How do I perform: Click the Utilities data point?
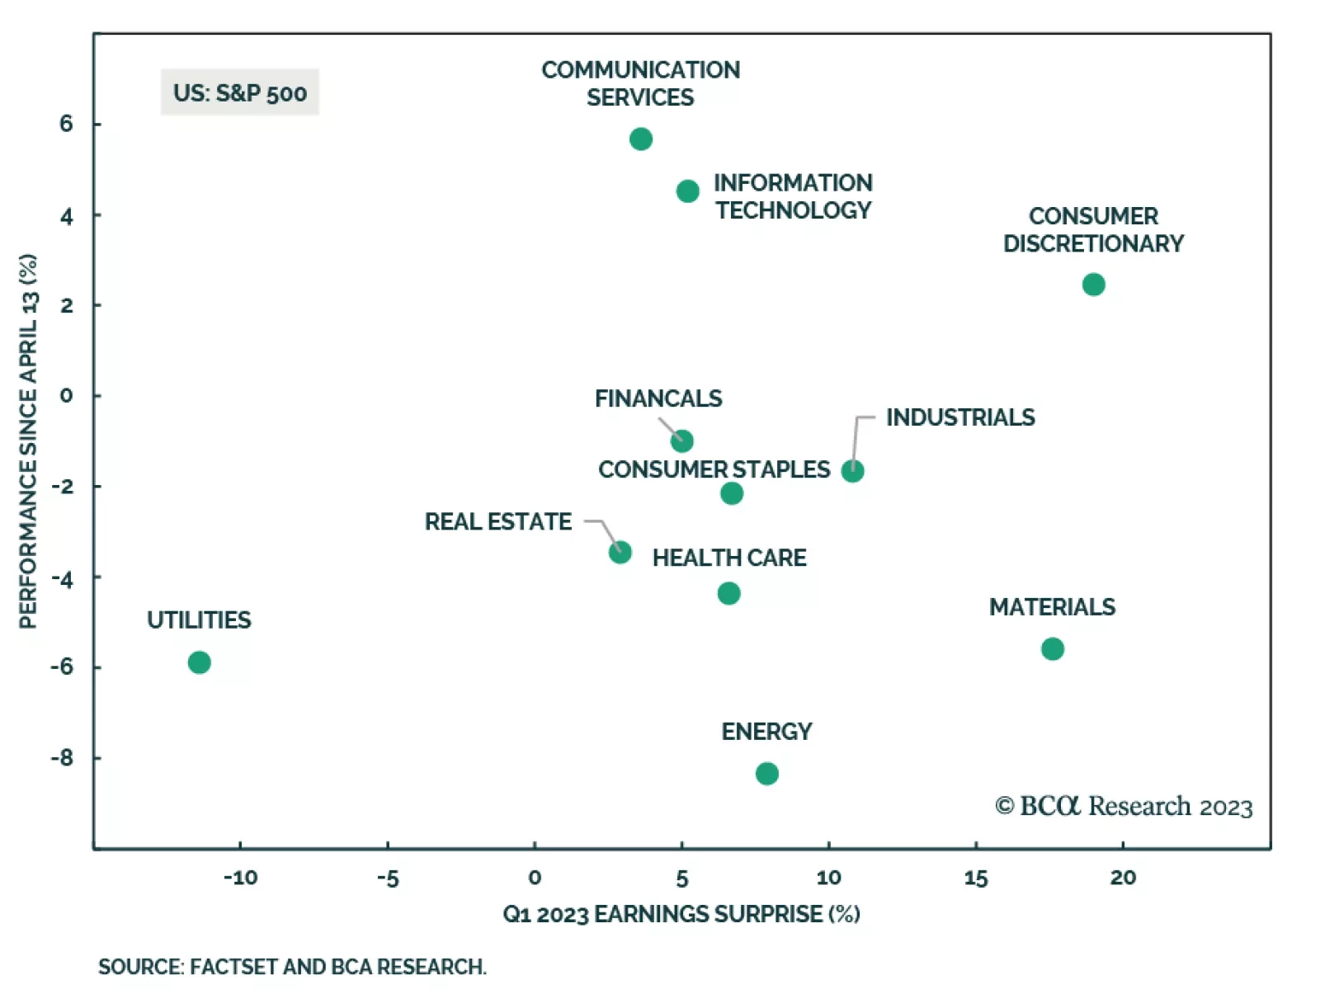199,662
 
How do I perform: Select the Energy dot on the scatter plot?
766,774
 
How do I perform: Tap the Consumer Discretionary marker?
1093,285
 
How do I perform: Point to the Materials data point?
1052,649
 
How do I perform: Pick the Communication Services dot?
640,139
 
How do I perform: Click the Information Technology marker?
687,191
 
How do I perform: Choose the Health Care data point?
728,593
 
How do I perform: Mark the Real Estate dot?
620,553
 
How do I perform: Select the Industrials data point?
852,471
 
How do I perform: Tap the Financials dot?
681,441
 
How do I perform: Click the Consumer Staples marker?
731,493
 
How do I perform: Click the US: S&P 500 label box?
239,92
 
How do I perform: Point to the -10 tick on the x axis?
240,878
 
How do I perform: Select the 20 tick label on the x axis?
1123,878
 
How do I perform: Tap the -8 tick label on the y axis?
62,757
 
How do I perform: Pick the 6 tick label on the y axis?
66,124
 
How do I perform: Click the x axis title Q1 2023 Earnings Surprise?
681,914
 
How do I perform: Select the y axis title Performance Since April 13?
28,441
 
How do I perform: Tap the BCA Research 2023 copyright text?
1124,806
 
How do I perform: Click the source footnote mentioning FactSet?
292,967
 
